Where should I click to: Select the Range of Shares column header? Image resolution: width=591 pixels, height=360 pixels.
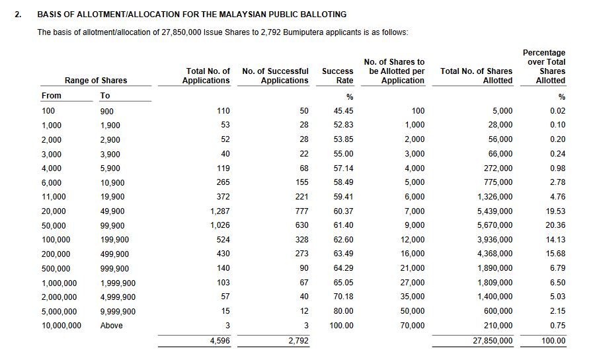[96, 81]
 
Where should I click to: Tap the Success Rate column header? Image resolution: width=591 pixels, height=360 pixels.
[338, 75]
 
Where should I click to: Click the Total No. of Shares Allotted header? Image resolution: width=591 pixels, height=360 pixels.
[477, 75]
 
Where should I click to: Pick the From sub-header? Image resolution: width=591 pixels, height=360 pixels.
[51, 96]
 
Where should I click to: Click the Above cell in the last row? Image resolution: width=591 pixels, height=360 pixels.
[111, 326]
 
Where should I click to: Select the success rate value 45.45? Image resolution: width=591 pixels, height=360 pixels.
[344, 111]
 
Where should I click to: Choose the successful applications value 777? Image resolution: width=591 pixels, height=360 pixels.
[299, 211]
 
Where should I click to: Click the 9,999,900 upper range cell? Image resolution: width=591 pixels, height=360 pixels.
[118, 312]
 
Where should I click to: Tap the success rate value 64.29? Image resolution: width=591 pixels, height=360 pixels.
[344, 269]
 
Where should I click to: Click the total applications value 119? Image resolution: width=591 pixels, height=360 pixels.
[223, 168]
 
